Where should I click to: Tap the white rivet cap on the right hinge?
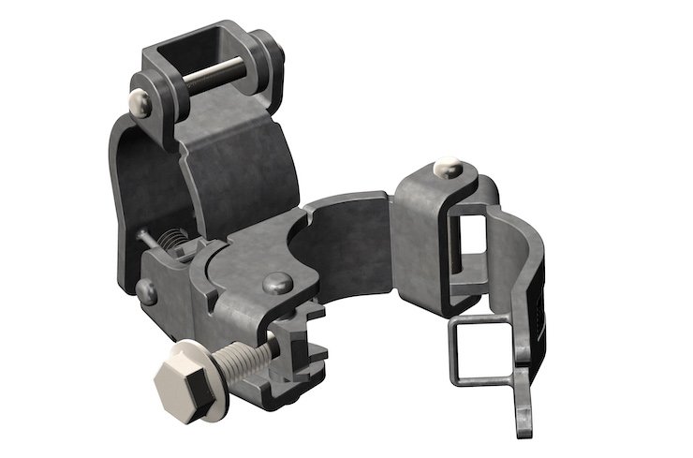(x=447, y=169)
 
